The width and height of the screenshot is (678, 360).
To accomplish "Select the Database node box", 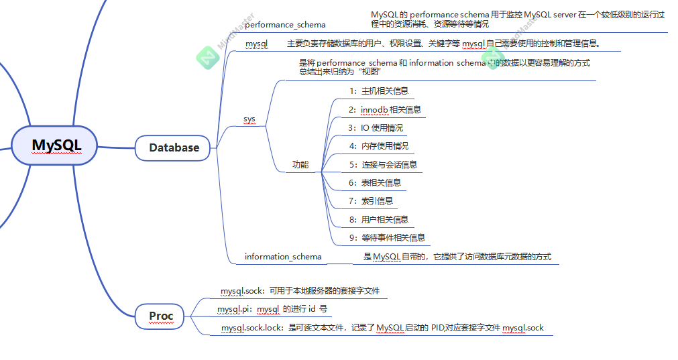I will tap(174, 147).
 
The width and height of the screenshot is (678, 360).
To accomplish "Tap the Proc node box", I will tap(161, 315).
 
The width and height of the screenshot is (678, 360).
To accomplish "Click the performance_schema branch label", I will tap(285, 25).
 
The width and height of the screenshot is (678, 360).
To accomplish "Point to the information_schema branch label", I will tap(283, 257).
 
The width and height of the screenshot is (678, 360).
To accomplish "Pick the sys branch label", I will tap(249, 119).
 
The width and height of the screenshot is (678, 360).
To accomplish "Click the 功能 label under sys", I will tap(300, 164).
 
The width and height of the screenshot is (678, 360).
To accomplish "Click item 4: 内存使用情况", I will tap(378, 145).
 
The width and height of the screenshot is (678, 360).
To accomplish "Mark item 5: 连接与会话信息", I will tap(382, 164).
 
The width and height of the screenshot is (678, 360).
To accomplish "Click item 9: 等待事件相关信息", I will tap(386, 237).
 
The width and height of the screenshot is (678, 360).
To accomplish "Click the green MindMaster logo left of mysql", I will tap(208, 58).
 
